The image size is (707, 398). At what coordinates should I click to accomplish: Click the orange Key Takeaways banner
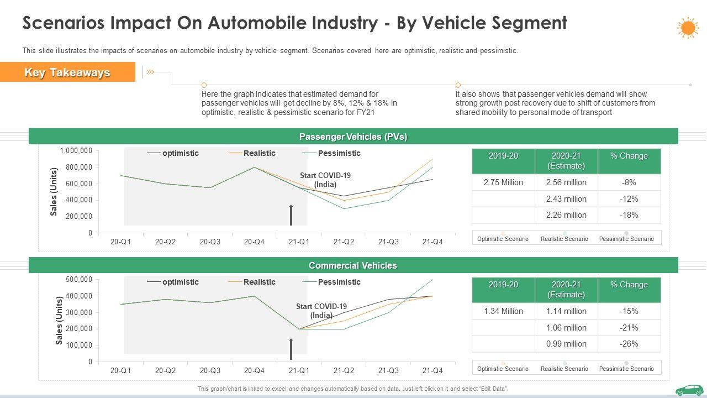[67, 72]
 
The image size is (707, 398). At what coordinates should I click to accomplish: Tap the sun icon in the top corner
[687, 28]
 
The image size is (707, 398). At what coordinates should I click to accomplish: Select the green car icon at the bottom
[689, 390]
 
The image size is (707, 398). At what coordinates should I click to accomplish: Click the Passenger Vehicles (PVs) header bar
[353, 137]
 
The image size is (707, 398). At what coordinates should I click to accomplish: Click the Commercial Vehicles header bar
[353, 265]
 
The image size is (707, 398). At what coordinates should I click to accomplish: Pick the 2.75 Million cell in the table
[503, 182]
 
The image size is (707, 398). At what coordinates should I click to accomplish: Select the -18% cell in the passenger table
[629, 215]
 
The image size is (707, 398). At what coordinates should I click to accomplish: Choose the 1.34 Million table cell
[503, 311]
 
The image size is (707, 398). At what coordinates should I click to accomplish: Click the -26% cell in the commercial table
[629, 344]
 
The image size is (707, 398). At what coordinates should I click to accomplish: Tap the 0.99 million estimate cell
[566, 344]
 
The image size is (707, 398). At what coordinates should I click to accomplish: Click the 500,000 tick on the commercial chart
[78, 280]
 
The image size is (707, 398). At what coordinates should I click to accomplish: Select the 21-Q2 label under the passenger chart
[344, 242]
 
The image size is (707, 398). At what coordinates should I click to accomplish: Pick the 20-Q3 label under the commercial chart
[210, 370]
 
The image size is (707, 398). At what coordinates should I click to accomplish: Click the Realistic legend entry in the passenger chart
[259, 153]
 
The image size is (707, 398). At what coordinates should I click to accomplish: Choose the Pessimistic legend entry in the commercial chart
[339, 282]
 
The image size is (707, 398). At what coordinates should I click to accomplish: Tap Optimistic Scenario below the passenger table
[503, 239]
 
